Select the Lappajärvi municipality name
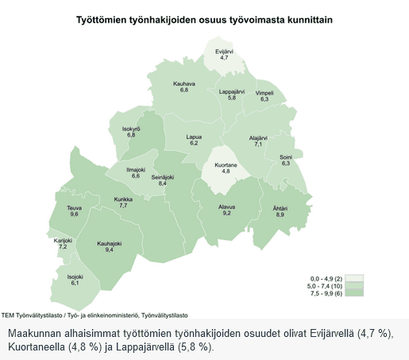coord(232,91)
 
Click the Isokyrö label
coord(131,128)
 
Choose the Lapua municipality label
coord(193,136)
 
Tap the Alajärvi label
coord(258,137)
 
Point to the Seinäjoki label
coord(163,176)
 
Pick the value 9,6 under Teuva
coord(74,215)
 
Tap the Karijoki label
coord(64,240)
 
